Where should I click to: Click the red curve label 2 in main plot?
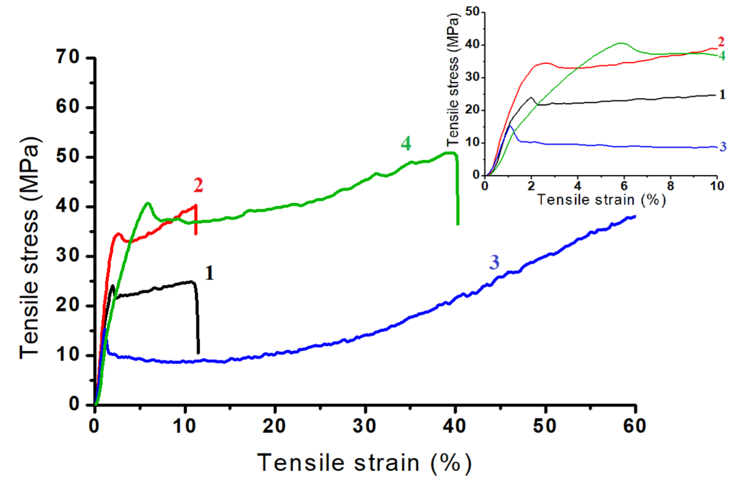coord(198,185)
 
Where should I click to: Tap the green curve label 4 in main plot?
coord(406,143)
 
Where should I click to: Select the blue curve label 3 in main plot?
coord(494,262)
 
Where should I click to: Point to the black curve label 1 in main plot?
coord(209,273)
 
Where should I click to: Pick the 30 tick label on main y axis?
coord(68,255)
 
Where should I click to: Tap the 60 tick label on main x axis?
coord(635,426)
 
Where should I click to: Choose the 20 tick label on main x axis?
coord(274,426)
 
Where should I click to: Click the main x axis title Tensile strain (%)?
coord(364,462)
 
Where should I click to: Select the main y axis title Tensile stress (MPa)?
coord(30,248)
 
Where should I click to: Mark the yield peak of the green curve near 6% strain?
coord(148,203)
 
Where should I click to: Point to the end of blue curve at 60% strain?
coord(634,216)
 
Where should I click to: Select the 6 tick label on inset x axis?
coord(624,186)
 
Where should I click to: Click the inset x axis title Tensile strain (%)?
coord(601,200)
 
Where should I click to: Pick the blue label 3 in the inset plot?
coord(723,147)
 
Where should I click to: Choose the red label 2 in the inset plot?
coord(721,42)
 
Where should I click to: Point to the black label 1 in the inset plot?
coord(722,95)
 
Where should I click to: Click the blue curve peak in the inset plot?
coord(510,126)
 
